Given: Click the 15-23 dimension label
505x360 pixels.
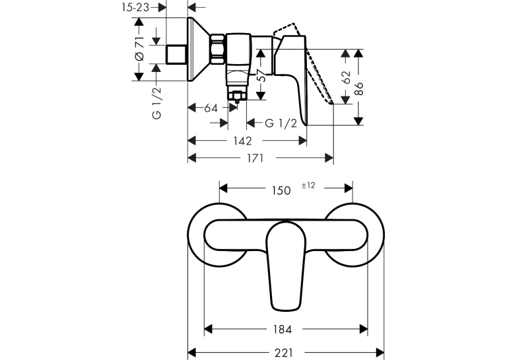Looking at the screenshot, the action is click(x=135, y=7).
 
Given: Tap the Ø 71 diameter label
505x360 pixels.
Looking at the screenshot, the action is click(x=139, y=49).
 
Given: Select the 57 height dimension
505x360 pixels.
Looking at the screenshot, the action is click(x=263, y=75).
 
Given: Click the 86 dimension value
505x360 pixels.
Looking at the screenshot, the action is click(x=358, y=89).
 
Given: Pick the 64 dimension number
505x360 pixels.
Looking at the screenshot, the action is click(x=211, y=108).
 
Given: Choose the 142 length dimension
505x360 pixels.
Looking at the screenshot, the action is click(x=242, y=141).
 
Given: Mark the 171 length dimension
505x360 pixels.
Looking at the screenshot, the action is click(x=255, y=159).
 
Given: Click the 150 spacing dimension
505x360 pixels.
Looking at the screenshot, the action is click(x=281, y=190).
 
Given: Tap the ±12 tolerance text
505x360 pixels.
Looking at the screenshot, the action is click(x=308, y=186).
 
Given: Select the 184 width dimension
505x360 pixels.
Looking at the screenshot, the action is click(x=283, y=330).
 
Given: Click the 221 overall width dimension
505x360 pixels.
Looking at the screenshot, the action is click(x=284, y=353).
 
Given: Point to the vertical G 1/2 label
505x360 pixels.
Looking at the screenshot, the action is click(x=156, y=103).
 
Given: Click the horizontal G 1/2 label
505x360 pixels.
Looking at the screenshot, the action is click(x=281, y=123).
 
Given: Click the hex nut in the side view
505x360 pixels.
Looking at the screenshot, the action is click(x=218, y=49).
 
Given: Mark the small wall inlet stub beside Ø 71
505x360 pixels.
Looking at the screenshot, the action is click(x=176, y=54).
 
